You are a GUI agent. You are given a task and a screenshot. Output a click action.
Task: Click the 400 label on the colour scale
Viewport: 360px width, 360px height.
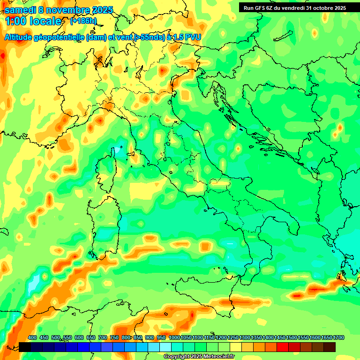(x=32, y=337)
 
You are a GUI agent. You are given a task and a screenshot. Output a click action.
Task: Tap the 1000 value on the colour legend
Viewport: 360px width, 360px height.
(x=174, y=337)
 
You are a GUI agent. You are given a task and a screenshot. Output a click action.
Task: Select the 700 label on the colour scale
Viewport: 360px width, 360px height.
(x=102, y=337)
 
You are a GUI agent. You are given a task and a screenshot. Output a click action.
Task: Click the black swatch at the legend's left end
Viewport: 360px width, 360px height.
(x=25, y=347)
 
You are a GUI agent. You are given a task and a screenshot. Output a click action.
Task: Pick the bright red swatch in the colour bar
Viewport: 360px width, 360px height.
(x=283, y=347)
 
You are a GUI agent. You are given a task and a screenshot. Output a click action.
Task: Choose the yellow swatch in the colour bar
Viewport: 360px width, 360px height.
(x=236, y=347)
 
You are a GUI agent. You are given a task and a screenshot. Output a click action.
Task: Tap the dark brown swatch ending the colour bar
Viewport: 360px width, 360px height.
(x=330, y=347)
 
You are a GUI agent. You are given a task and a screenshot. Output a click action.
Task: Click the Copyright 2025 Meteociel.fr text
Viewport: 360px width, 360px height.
(x=199, y=357)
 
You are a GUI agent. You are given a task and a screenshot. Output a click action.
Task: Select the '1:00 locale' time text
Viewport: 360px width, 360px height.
(x=33, y=21)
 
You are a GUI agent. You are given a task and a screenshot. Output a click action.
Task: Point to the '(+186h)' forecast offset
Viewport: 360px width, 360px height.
(x=83, y=21)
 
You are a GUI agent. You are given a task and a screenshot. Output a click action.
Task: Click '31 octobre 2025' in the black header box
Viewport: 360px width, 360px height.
(x=326, y=7)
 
